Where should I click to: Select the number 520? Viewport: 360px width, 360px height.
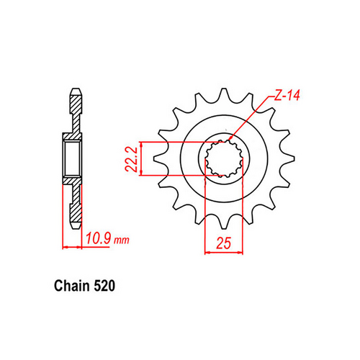pos(102,286)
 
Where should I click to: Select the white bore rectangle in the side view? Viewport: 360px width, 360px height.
pos(73,158)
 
